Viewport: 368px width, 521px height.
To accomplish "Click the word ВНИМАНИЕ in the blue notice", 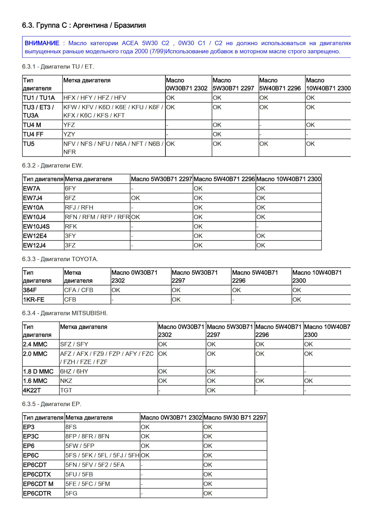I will (x=42, y=43).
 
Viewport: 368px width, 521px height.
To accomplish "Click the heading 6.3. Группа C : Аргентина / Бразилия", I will (x=84, y=26).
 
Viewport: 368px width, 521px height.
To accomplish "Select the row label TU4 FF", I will (x=33, y=134).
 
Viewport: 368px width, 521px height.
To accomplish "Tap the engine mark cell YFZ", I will (x=69, y=125).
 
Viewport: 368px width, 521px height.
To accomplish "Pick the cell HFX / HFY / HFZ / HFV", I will (x=95, y=98).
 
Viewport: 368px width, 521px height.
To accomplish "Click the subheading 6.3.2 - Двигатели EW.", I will (x=52, y=166).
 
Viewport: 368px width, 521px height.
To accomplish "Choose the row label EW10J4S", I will (x=36, y=226).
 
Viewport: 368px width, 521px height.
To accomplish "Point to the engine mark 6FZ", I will (x=70, y=198).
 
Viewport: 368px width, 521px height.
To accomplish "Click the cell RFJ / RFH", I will (x=79, y=208).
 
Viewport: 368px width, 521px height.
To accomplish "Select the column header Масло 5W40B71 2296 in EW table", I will (x=224, y=179).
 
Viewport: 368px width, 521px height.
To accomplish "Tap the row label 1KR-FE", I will (x=34, y=300).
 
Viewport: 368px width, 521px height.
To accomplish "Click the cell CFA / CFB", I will (x=79, y=290).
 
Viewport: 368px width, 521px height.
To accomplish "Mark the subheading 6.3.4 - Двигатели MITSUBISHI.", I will (x=65, y=313).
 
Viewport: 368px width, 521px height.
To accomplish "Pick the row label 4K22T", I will (x=32, y=390).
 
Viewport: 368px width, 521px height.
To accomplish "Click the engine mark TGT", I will (x=66, y=390).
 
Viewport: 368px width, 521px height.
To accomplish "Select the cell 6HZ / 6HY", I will (x=74, y=371).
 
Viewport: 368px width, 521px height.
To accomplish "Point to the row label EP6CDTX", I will (x=37, y=474).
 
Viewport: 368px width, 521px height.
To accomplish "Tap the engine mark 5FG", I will (x=71, y=493).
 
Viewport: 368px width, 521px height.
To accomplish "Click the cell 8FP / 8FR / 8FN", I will (x=87, y=436).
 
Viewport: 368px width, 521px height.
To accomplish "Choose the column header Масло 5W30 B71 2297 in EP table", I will (x=235, y=418).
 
